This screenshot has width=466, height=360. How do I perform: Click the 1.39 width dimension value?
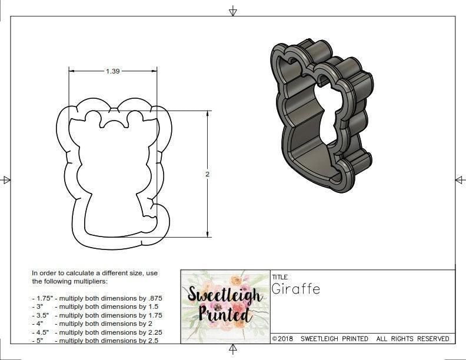[x=112, y=71]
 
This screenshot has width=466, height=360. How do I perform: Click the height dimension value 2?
[x=208, y=174]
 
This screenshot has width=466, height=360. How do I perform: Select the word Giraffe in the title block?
[x=296, y=289]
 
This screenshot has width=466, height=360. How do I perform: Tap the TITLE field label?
[x=280, y=276]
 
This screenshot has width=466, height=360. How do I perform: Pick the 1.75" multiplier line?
[x=96, y=298]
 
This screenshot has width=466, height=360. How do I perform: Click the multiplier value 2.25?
[x=154, y=332]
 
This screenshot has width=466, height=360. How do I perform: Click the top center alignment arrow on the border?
[x=233, y=11]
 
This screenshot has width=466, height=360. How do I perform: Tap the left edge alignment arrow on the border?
[x=6, y=180]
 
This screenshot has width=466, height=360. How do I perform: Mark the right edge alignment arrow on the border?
[x=460, y=180]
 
